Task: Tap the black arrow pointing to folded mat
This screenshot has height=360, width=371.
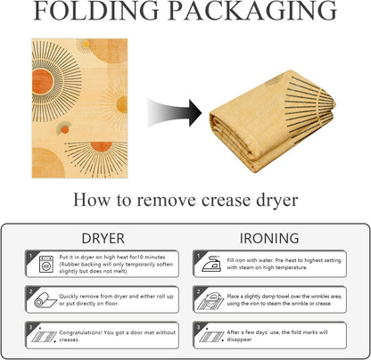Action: (175, 113)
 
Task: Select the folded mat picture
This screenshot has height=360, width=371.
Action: (273, 121)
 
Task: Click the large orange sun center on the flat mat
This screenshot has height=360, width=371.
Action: (43, 82)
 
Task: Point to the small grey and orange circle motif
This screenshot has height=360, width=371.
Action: (64, 128)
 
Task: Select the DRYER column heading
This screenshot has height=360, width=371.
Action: (103, 239)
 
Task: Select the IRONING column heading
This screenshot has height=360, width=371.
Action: (269, 239)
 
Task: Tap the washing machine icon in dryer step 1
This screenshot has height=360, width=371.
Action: (46, 264)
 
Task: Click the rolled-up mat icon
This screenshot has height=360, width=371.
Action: (45, 300)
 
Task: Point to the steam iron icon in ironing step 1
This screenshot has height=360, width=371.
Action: (211, 264)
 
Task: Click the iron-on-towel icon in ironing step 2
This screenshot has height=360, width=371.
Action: (210, 301)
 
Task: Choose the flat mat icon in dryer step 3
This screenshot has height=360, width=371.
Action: (44, 337)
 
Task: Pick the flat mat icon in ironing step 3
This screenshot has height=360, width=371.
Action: (211, 337)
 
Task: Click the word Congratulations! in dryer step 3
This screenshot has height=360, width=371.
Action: (80, 333)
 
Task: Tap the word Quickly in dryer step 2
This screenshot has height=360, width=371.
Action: (69, 297)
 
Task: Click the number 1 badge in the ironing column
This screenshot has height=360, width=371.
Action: (198, 255)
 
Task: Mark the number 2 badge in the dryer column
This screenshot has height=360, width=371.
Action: (30, 291)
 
